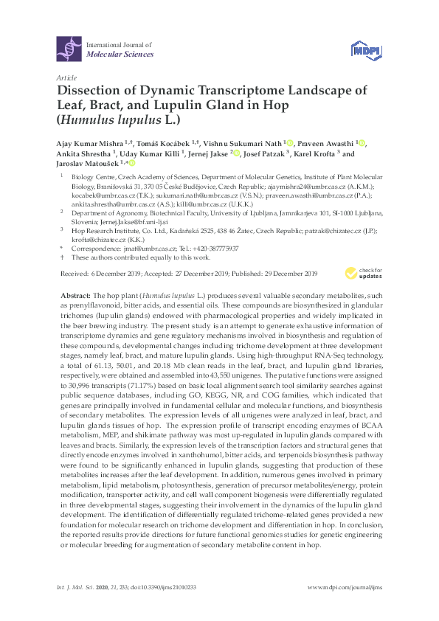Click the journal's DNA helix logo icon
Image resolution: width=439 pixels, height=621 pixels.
tap(68, 49)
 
